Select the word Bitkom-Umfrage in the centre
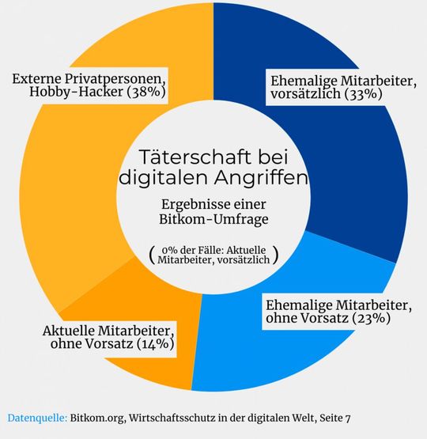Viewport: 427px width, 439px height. click(213, 219)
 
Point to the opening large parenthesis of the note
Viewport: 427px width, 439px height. click(151, 254)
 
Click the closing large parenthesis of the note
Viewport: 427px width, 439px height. click(275, 254)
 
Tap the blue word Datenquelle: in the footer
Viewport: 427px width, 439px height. click(36, 417)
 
